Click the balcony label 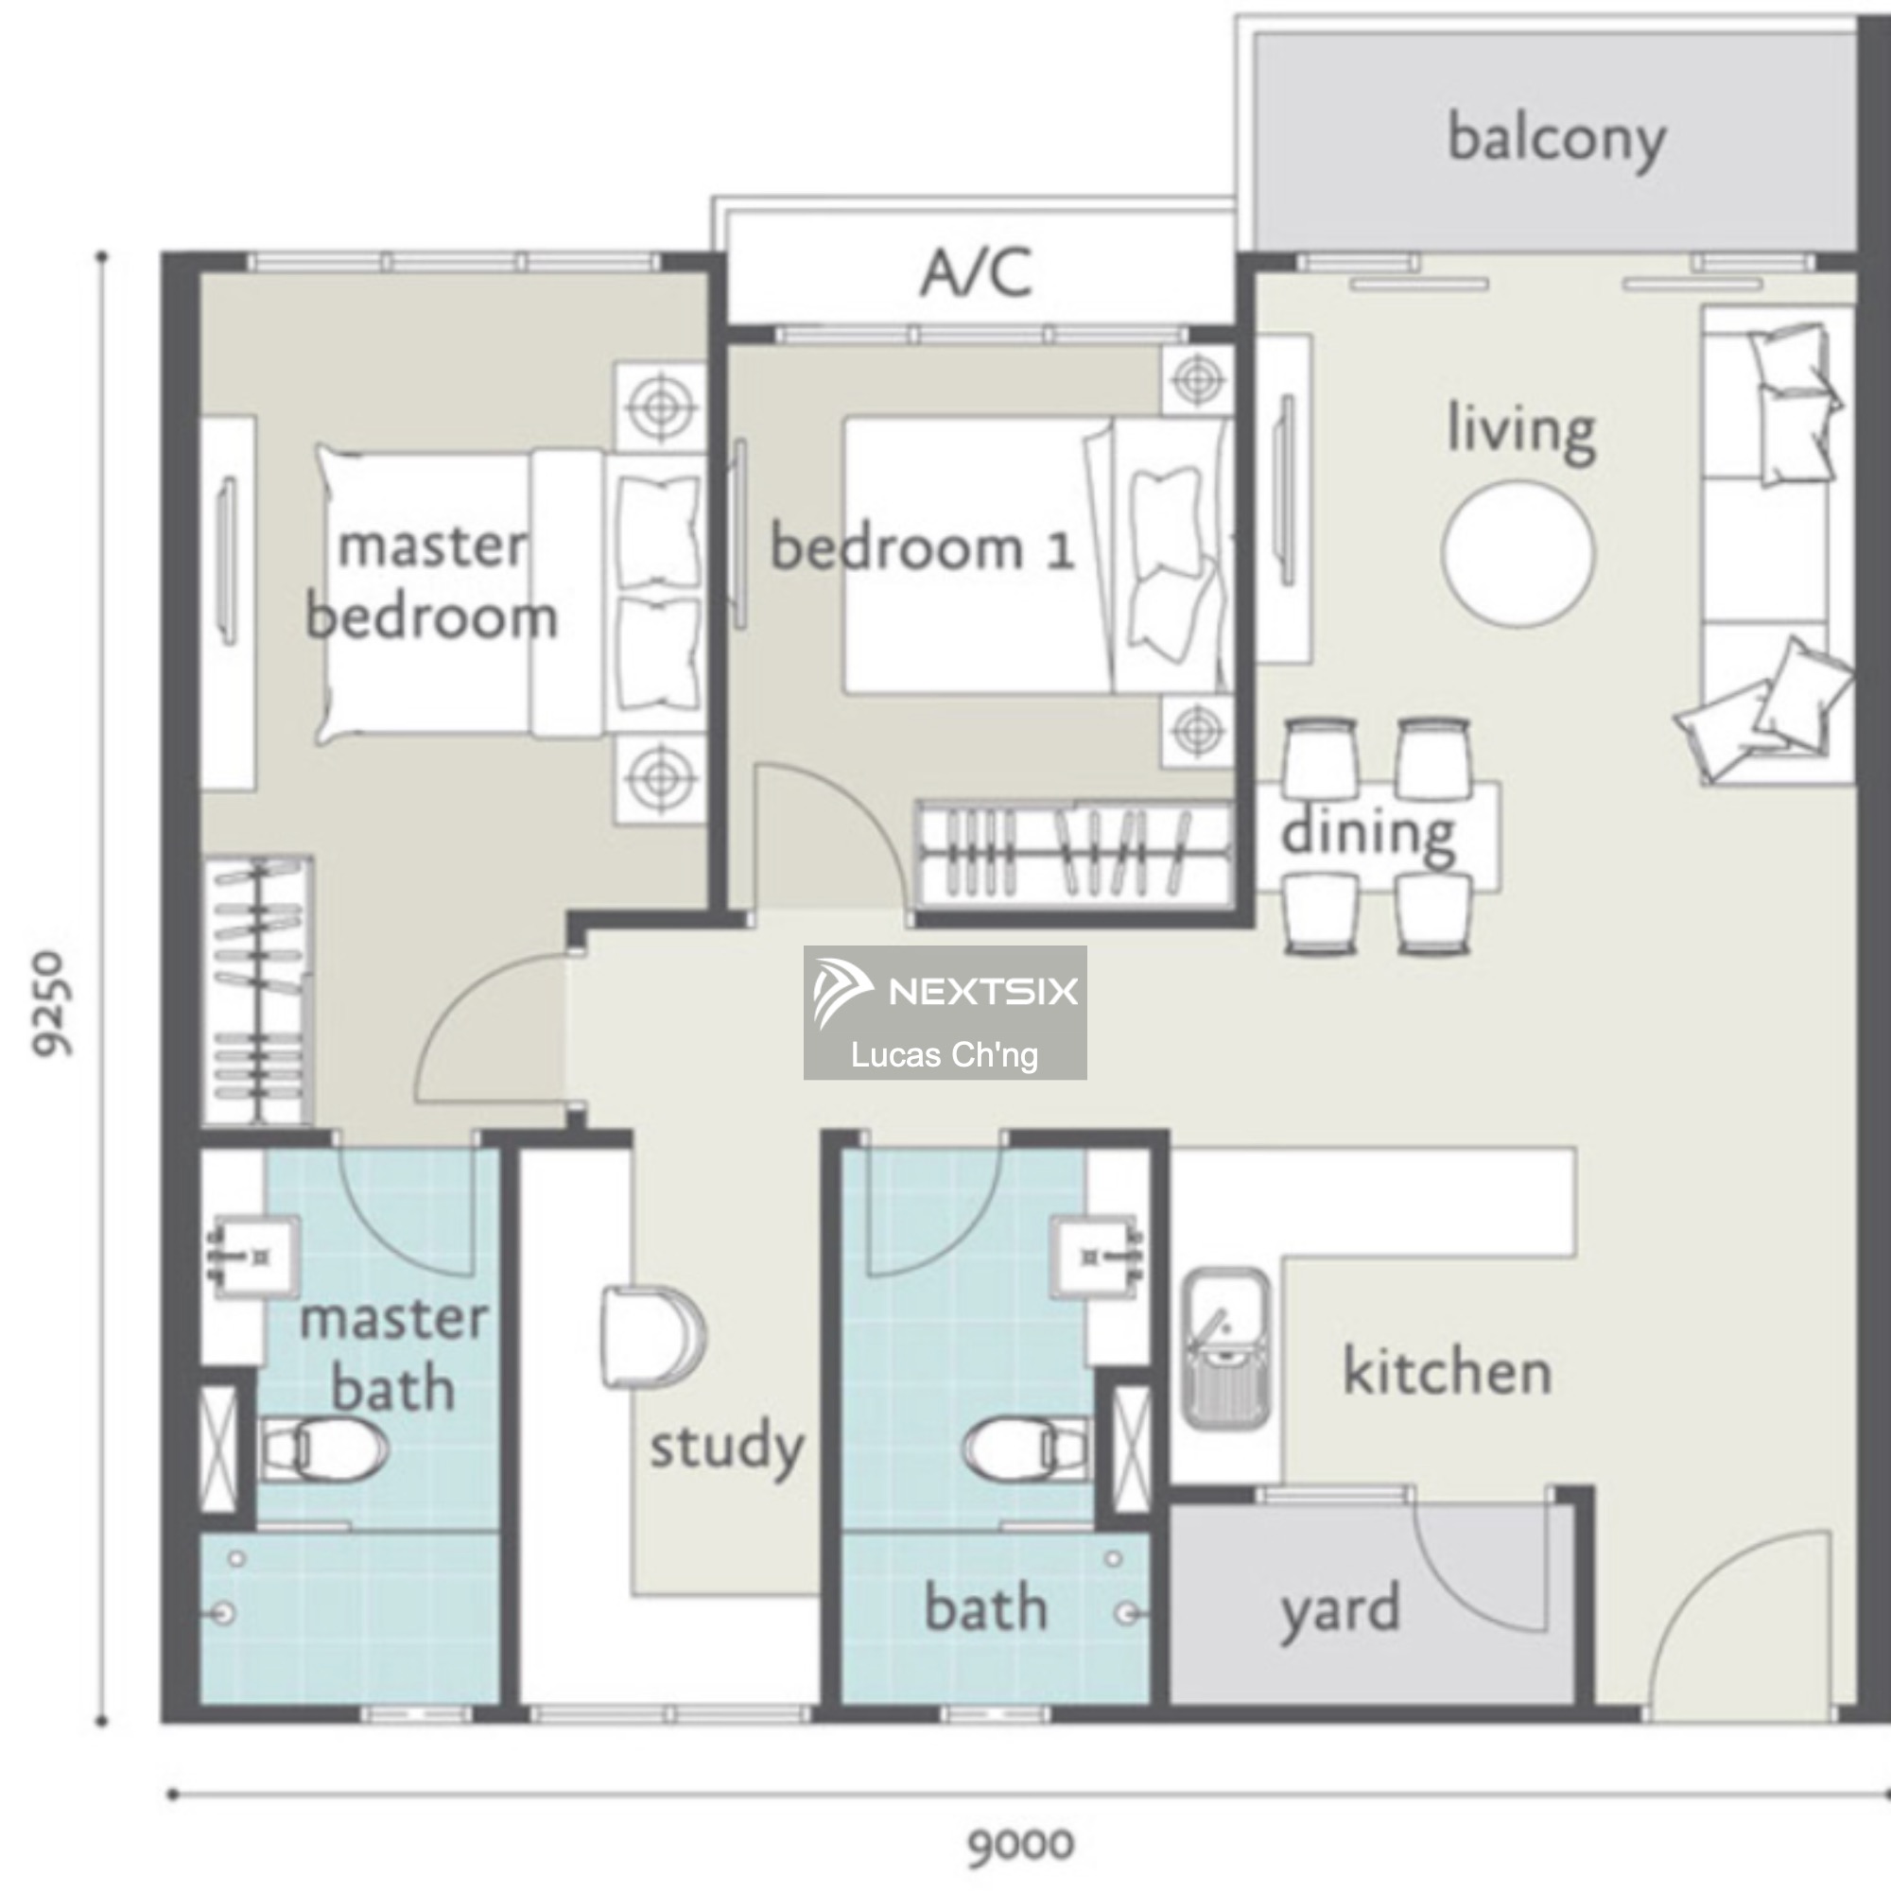pyautogui.click(x=1556, y=140)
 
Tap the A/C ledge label pyautogui.click(x=976, y=272)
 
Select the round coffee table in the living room pyautogui.click(x=1518, y=552)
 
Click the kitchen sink pyautogui.click(x=1225, y=1349)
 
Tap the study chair pyautogui.click(x=652, y=1337)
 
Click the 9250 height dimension pyautogui.click(x=50, y=1003)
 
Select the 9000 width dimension pyautogui.click(x=1021, y=1845)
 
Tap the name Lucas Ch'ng pyautogui.click(x=945, y=1055)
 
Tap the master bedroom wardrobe pyautogui.click(x=257, y=991)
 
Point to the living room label pyautogui.click(x=1522, y=430)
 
